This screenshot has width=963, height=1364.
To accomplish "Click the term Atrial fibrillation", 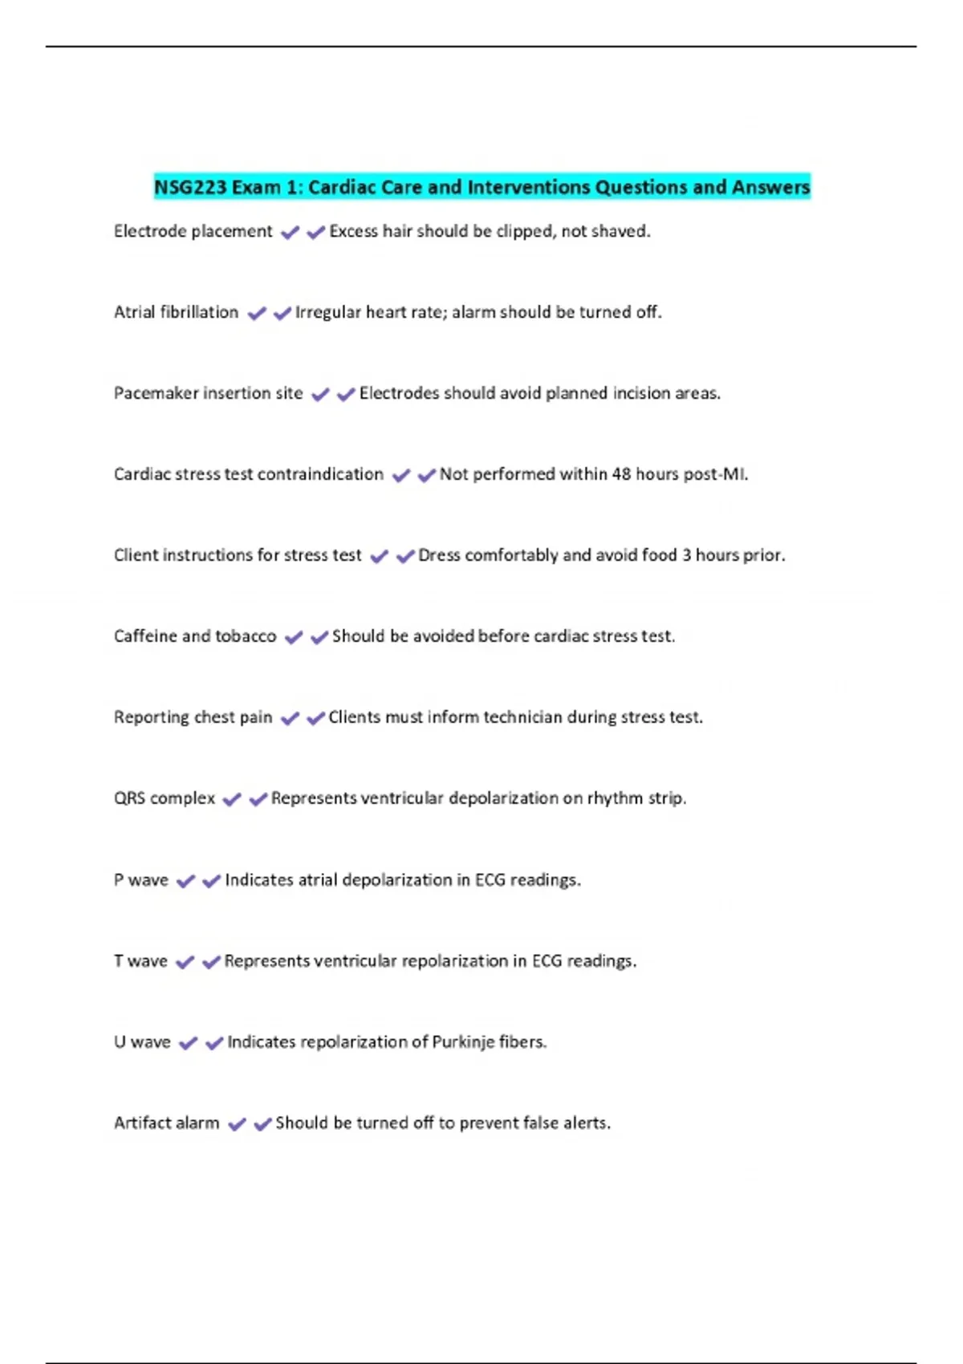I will click(x=176, y=313).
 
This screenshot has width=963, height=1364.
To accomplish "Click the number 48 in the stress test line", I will click(x=621, y=475).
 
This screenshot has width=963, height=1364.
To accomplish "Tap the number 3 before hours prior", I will click(x=687, y=555).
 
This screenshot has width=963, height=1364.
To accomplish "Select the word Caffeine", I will click(x=145, y=637).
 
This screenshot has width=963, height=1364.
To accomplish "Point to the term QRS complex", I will click(x=165, y=799).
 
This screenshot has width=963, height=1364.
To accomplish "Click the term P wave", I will click(x=141, y=881).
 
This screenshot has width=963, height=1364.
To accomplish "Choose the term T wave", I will click(x=140, y=962).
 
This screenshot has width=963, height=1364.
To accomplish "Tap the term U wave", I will click(x=142, y=1043).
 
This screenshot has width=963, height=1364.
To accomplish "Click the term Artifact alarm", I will click(x=166, y=1124).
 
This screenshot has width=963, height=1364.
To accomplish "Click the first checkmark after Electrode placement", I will click(x=290, y=233).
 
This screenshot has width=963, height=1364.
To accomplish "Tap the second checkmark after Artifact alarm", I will click(x=262, y=1125).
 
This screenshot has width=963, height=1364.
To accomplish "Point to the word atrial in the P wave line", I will click(x=318, y=881).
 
